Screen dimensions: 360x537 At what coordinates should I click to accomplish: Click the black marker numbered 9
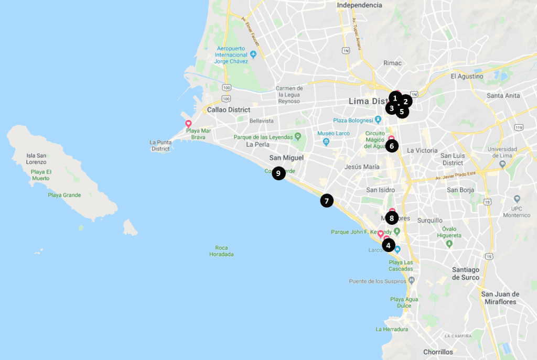coord(278,173)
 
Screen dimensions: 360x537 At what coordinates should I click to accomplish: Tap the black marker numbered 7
coord(327,200)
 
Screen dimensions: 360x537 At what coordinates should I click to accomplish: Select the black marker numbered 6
coord(392,146)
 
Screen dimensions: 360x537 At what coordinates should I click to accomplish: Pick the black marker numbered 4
coord(388,245)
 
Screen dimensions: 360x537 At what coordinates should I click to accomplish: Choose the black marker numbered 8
coord(392,217)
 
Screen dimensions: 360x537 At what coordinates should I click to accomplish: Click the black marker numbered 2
coord(405,102)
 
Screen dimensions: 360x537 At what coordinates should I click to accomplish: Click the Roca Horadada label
coord(224,251)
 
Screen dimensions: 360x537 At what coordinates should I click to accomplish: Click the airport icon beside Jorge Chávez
coord(253,54)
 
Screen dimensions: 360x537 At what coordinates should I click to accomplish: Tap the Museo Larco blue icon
coord(326,142)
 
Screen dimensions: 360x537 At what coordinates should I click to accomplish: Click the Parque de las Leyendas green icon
coord(298,137)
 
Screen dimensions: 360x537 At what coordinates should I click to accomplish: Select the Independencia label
coord(359,5)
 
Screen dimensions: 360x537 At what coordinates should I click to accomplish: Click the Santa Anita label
coord(503,95)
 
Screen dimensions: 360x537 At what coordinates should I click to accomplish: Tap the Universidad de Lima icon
coord(503,163)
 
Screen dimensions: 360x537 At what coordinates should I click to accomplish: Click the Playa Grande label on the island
coord(64,195)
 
